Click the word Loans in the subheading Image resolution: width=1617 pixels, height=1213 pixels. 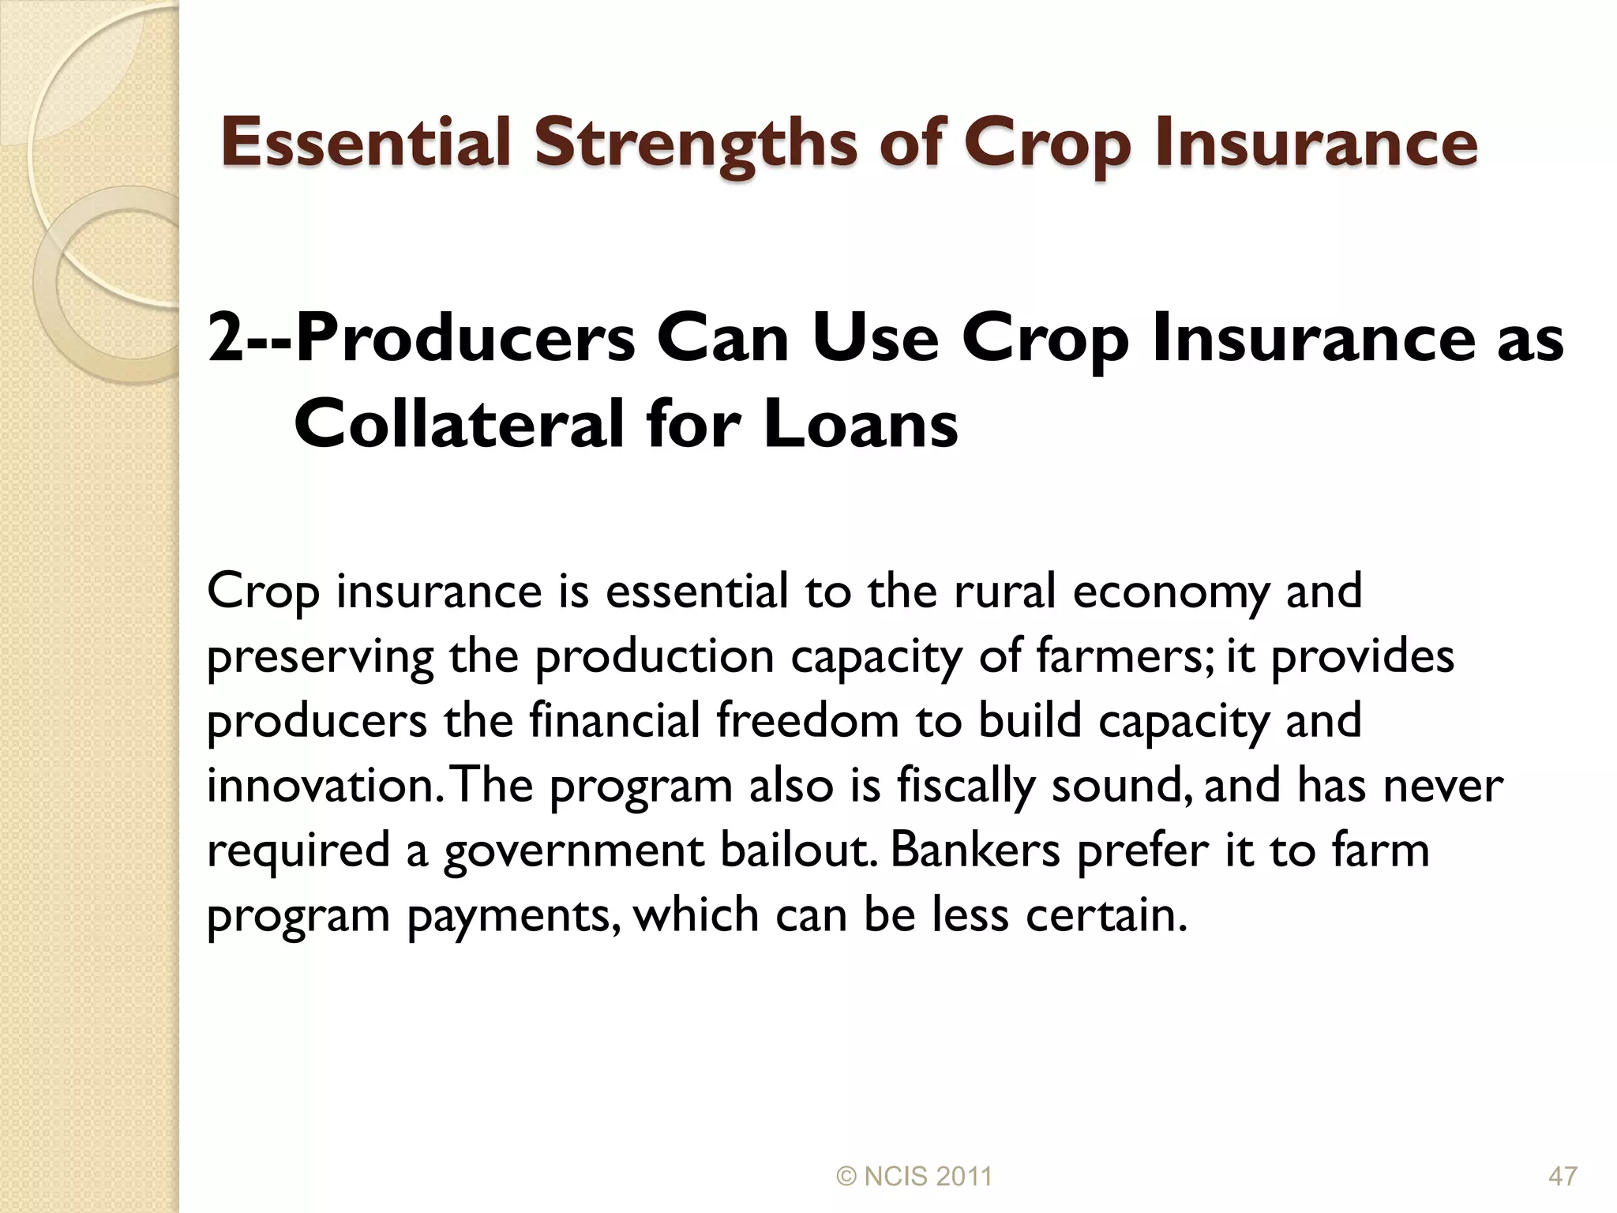(861, 425)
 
